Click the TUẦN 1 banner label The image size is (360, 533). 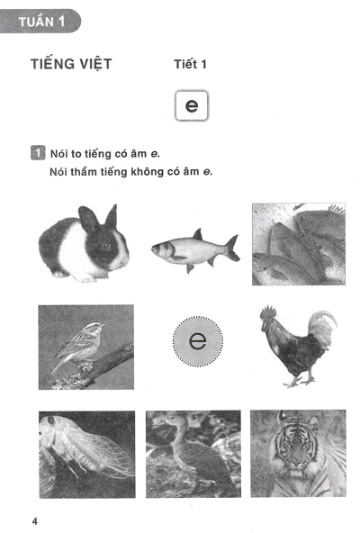tap(41, 23)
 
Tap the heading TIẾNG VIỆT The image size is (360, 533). tap(71, 64)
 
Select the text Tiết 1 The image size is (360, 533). tap(190, 64)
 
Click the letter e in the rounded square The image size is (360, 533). tap(192, 105)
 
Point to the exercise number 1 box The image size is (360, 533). tap(38, 153)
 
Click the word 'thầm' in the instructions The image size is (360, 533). tap(81, 172)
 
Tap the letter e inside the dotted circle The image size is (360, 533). tap(197, 341)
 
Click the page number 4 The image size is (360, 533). tap(35, 521)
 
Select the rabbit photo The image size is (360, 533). tap(84, 243)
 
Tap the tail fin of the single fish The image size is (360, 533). tap(233, 248)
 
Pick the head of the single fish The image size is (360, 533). tap(161, 250)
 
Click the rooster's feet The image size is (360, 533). tap(299, 381)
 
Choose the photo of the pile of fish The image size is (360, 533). tap(299, 244)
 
